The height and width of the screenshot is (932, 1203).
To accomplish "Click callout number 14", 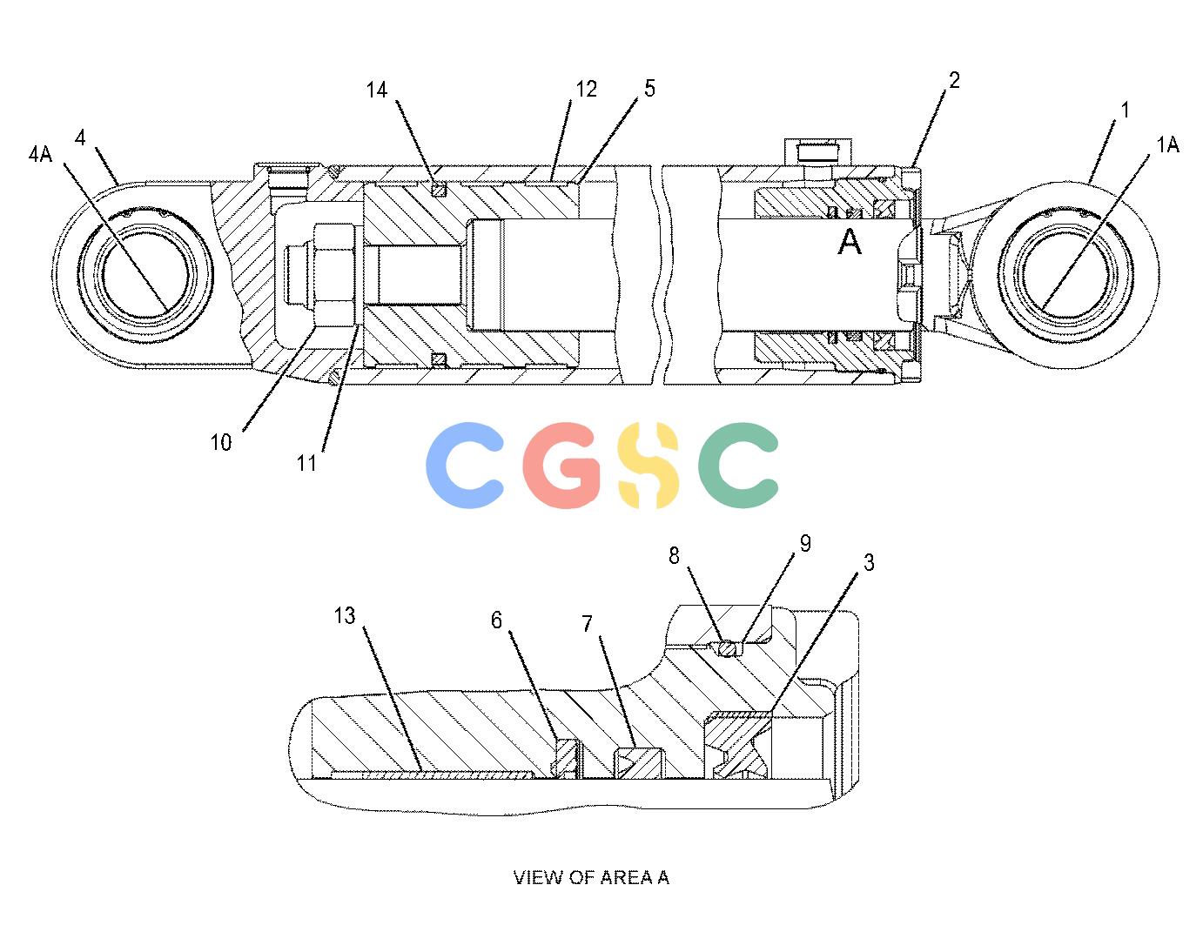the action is coord(376,90).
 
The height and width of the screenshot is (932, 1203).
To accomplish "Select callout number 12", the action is coord(587,89).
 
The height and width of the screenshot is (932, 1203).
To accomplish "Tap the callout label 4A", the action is coord(40,154).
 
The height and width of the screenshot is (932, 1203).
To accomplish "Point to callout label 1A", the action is coord(1167,145).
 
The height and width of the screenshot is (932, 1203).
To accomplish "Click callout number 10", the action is coord(220,442).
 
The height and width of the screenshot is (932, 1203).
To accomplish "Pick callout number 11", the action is coord(306,463).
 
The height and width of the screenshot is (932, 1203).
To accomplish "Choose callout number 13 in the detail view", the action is coord(345,615).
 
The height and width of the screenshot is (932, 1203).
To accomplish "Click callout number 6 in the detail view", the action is coord(496,620).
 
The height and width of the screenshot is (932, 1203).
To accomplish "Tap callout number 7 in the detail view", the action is coord(587,624).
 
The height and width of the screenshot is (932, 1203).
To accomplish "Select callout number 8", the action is coord(674,555).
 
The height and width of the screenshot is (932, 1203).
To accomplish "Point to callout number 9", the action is coord(805,544).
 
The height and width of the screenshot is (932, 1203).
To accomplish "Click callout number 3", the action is coord(869,562).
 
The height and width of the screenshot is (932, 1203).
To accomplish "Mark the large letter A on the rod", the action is coord(850,242).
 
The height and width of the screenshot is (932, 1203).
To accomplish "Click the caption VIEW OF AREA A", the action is coord(591,877).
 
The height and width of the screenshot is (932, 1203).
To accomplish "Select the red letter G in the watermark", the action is coord(561,466).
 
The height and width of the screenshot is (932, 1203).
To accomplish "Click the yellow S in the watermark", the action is coord(648,465).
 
